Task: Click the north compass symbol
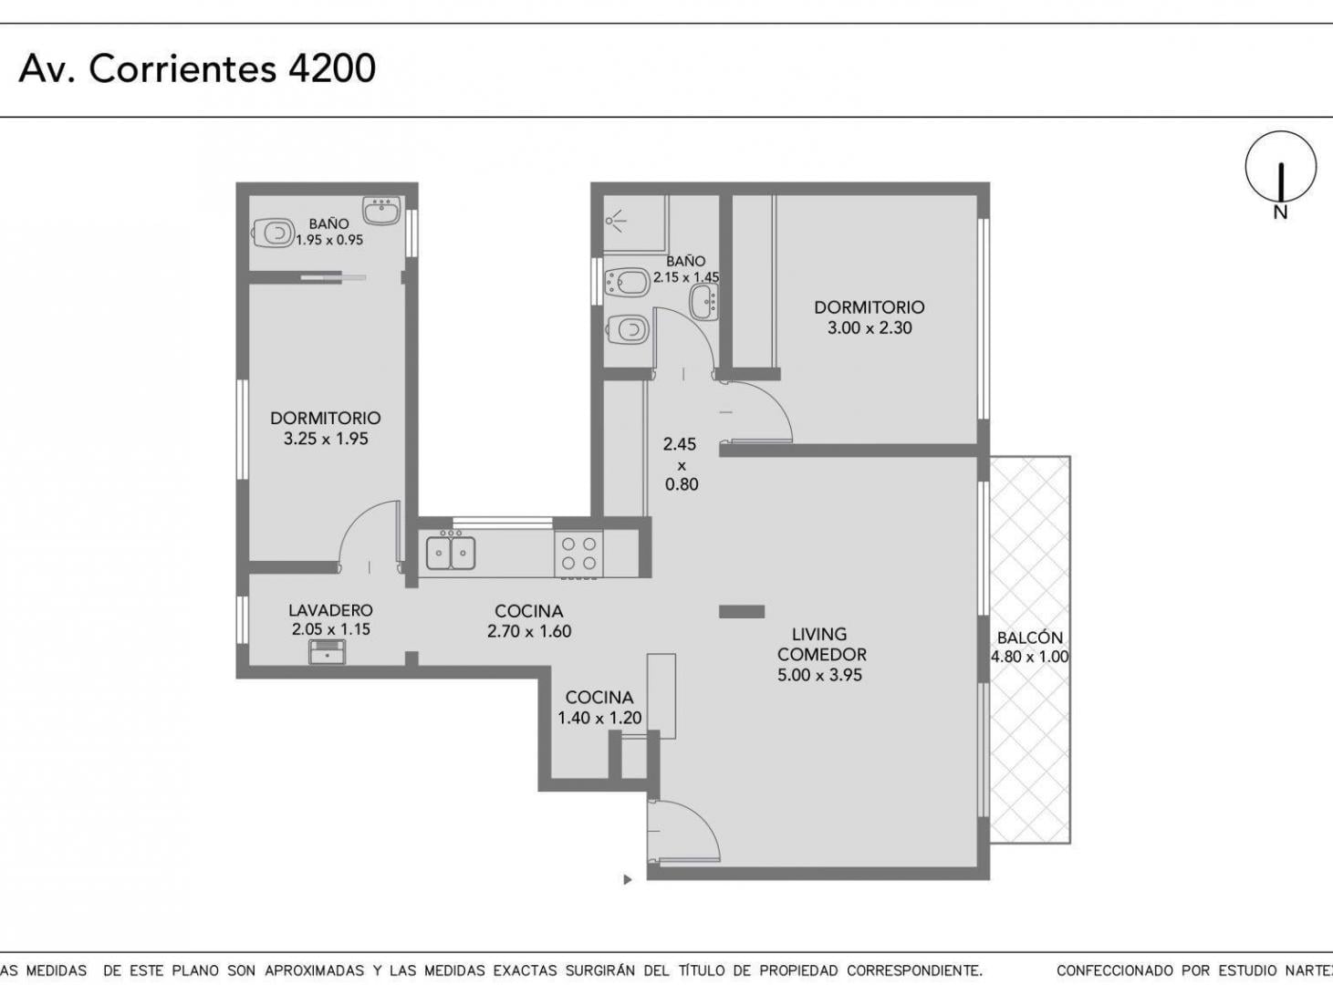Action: tap(1280, 174)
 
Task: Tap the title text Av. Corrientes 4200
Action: tap(197, 68)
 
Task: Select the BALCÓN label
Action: tap(1029, 637)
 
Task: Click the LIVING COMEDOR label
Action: tap(821, 644)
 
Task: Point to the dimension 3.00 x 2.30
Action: tap(869, 327)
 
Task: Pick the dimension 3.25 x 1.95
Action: tap(326, 439)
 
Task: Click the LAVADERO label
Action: tap(330, 610)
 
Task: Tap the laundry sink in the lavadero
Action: tap(327, 652)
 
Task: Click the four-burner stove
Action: tap(578, 554)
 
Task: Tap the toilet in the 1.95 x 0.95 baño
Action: tap(274, 233)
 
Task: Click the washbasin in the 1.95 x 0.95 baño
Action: tap(381, 211)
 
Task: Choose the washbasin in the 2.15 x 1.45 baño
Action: tap(704, 301)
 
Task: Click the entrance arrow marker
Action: tap(628, 880)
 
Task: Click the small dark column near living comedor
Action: tap(742, 612)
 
